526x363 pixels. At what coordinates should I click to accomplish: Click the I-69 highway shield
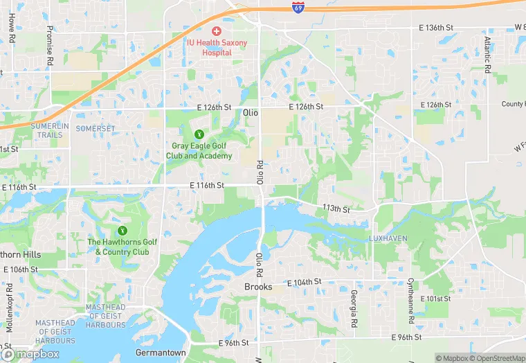[298, 8]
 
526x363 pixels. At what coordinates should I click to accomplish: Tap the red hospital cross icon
[217, 31]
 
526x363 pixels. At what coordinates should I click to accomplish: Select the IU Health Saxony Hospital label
[217, 47]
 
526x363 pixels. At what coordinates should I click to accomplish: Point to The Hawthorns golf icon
[123, 230]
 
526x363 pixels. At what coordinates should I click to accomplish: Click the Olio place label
[251, 112]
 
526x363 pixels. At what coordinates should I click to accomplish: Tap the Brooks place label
[258, 287]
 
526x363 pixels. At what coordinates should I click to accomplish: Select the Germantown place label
[161, 353]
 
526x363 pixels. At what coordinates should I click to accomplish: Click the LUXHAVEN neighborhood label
[387, 238]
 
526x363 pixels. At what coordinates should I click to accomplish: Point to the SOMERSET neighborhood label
[96, 129]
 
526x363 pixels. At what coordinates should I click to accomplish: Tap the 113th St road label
[336, 209]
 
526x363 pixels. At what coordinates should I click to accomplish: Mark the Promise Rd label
[50, 45]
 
